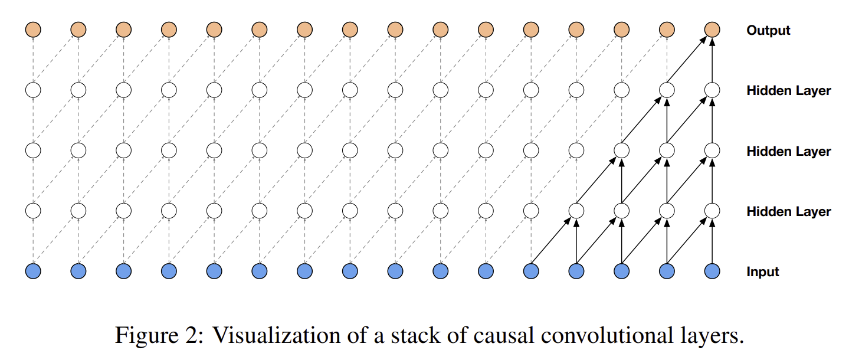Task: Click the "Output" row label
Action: pyautogui.click(x=768, y=30)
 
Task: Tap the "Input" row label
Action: pyautogui.click(x=763, y=271)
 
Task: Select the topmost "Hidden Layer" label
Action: pyautogui.click(x=788, y=91)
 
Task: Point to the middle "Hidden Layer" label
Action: pyautogui.click(x=788, y=151)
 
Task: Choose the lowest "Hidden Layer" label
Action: pyautogui.click(x=788, y=211)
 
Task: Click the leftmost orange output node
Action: pyautogui.click(x=34, y=29)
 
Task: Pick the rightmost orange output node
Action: pyautogui.click(x=713, y=29)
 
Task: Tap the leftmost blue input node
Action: pyautogui.click(x=34, y=271)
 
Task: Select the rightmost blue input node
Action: pyautogui.click(x=713, y=271)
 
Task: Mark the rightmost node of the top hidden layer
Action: pyautogui.click(x=713, y=90)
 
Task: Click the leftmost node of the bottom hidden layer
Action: pyautogui.click(x=34, y=210)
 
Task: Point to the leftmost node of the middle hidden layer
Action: pyautogui.click(x=34, y=150)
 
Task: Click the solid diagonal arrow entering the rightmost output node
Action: pyautogui.click(x=689, y=60)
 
